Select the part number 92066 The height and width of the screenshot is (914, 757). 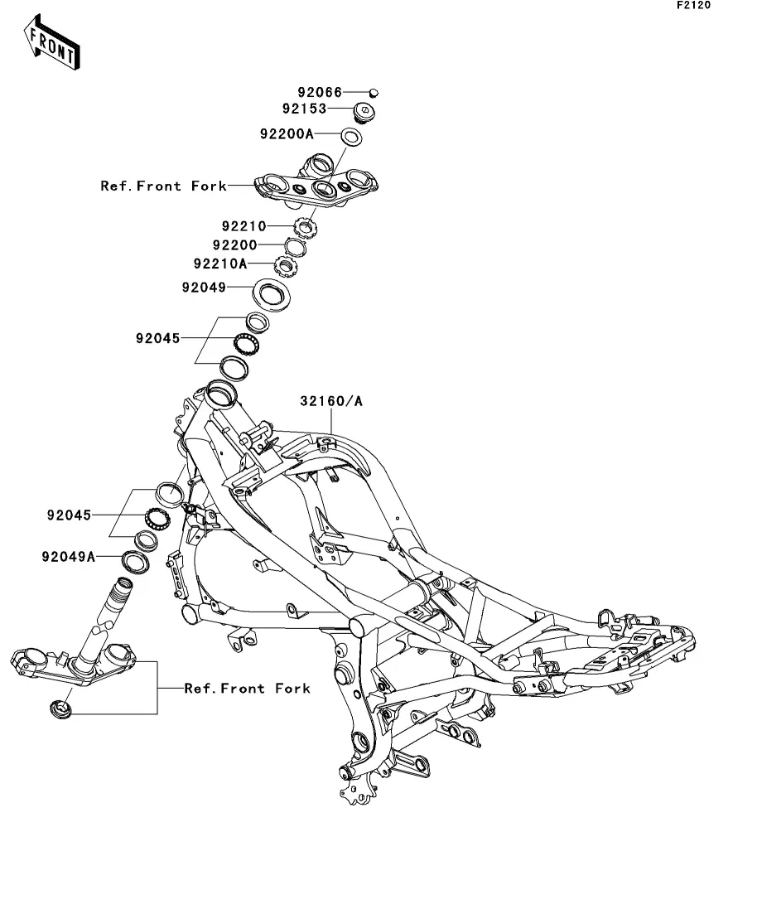[321, 93]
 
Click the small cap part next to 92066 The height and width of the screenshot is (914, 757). [374, 92]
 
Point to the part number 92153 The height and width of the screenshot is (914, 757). [304, 109]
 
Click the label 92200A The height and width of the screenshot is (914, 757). [287, 133]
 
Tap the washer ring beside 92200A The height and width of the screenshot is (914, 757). [350, 136]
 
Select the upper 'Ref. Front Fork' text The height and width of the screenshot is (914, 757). [163, 186]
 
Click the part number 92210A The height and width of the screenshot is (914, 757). [220, 264]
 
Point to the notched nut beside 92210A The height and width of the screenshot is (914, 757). [286, 268]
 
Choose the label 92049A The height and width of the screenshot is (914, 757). [69, 557]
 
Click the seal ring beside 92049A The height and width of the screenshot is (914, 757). [134, 562]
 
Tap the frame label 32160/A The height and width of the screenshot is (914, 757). [331, 402]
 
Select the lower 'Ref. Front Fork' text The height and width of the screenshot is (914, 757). [247, 689]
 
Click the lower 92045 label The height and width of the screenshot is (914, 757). [69, 515]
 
